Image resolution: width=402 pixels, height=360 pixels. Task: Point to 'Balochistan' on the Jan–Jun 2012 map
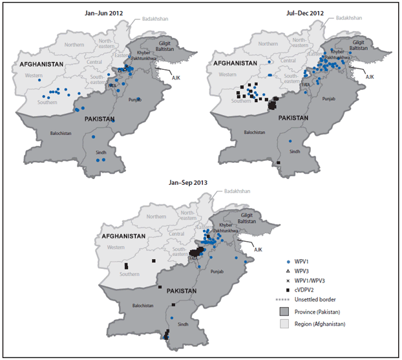coord(63,133)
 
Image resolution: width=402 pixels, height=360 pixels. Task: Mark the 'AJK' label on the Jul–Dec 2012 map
coord(370,76)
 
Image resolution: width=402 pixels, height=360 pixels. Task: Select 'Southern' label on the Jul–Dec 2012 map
coord(240,101)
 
